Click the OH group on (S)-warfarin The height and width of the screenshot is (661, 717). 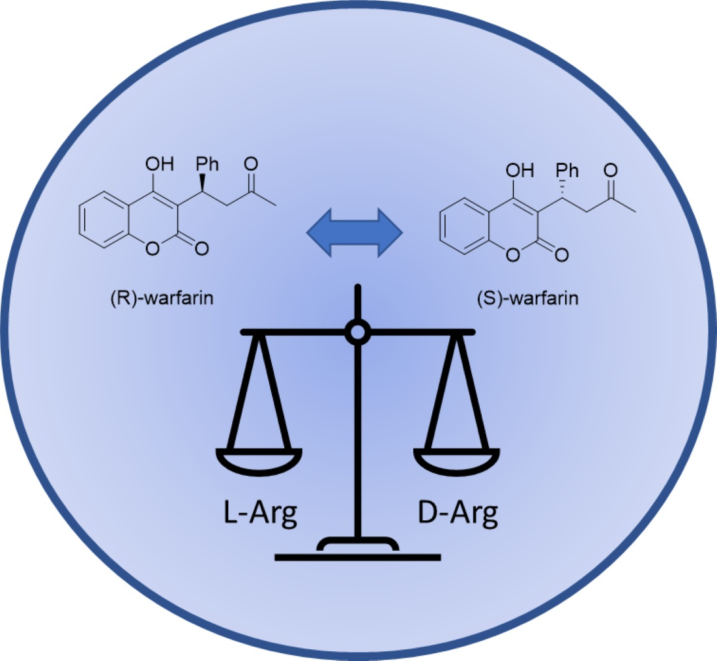519,171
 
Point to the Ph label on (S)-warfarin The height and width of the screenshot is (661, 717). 567,171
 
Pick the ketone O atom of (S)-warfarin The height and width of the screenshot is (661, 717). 611,171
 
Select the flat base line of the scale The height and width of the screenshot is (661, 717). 357,557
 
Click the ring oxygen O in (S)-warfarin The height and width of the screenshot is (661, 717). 513,254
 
